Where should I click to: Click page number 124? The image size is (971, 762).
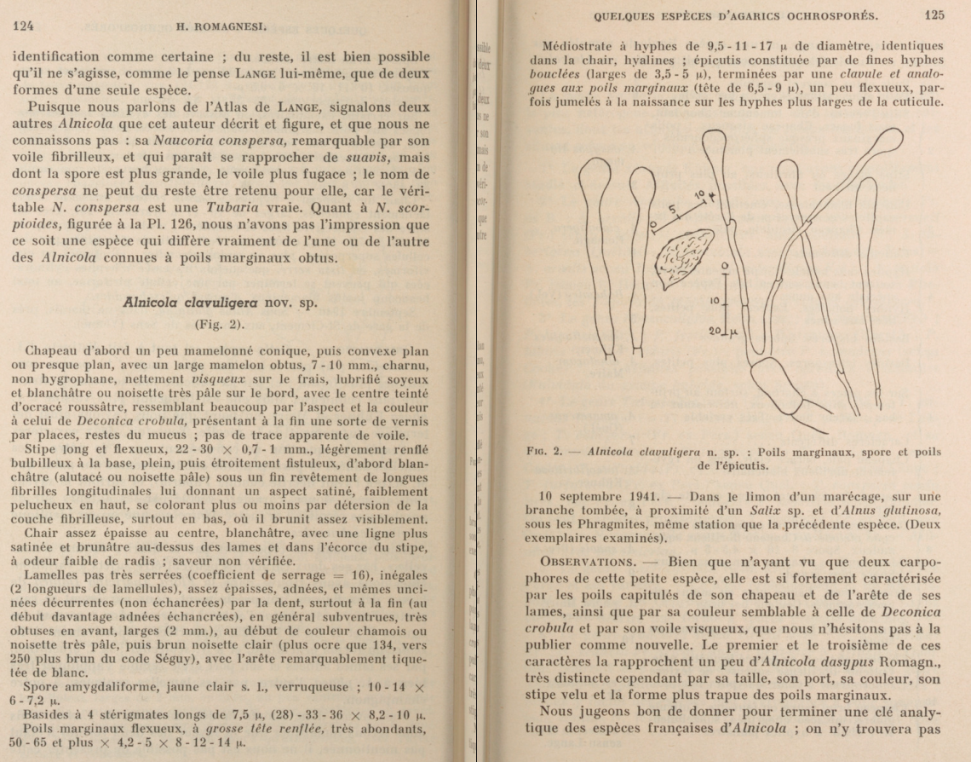(22, 26)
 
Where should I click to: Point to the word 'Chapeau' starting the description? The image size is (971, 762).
(53, 350)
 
